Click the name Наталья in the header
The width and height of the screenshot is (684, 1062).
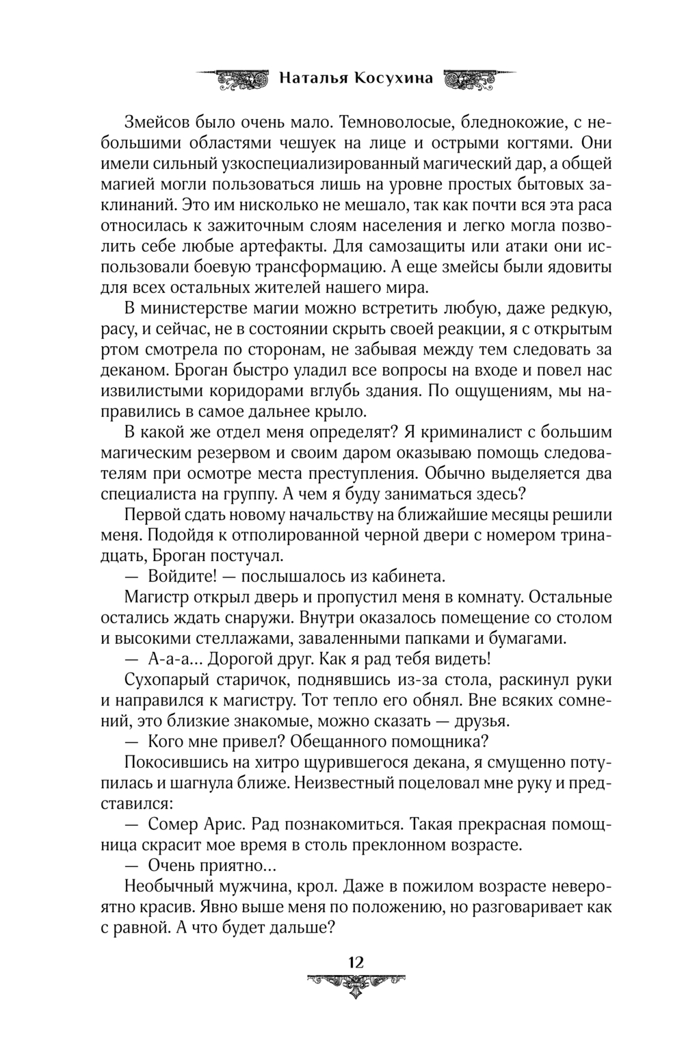[x=313, y=78]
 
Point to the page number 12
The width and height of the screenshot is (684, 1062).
[x=356, y=961]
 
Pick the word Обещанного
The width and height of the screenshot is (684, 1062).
[x=336, y=742]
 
